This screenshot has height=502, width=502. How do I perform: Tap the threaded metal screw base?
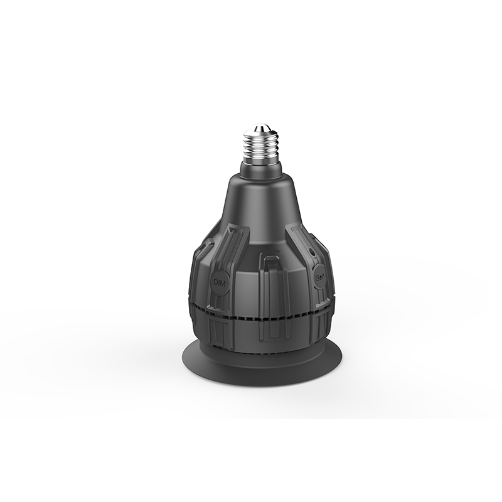(x=260, y=148)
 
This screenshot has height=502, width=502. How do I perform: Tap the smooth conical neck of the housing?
(x=260, y=201)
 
